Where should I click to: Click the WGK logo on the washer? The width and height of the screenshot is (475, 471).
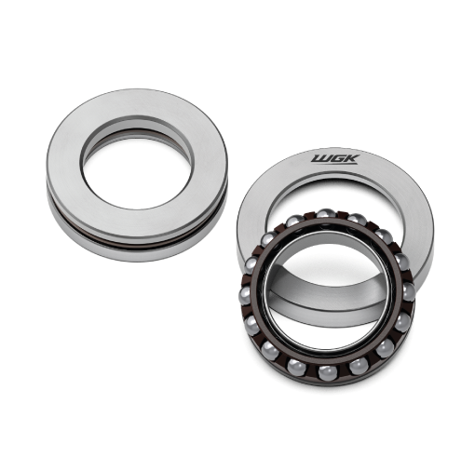point(335,159)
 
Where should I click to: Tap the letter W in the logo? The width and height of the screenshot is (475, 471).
point(319,159)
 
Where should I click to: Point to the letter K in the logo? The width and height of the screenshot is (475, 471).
point(352,159)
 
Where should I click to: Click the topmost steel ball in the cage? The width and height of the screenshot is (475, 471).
point(326,214)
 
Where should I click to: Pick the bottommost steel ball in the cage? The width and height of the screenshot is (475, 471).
point(327,372)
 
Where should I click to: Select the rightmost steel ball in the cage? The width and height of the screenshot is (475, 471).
point(408,291)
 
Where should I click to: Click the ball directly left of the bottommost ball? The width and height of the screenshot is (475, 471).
point(296,367)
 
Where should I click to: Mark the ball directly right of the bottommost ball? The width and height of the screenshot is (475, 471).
point(359,366)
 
